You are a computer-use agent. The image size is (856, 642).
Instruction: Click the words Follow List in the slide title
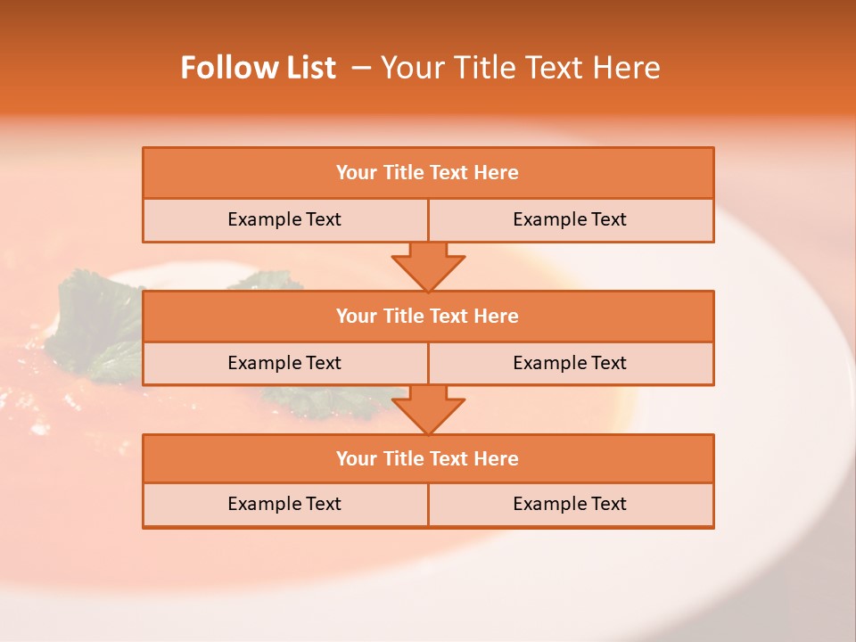point(258,68)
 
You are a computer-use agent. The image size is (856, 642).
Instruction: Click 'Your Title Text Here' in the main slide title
point(520,68)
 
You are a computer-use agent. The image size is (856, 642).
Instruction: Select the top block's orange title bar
point(428,173)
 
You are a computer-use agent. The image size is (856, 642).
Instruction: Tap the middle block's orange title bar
point(428,316)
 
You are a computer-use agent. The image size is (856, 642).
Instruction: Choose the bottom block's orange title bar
point(428,458)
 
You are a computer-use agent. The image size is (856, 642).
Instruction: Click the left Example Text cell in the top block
point(284,219)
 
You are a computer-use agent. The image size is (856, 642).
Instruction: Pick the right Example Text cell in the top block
point(570,219)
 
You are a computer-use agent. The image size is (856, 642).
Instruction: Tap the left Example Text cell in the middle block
point(284,363)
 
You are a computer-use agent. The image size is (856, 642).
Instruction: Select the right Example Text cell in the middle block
point(570,363)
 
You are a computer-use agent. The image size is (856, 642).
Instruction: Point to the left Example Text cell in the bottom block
point(284,504)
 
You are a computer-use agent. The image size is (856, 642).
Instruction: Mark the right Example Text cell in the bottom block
point(570,504)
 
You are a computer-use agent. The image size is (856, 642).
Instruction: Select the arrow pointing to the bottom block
point(428,409)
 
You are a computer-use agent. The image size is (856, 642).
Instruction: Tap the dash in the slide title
point(361,68)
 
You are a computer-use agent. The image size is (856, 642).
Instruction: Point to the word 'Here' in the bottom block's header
point(496,458)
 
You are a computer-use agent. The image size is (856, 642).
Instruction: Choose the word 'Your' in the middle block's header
point(356,316)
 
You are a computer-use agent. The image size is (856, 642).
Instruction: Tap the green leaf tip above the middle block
point(267,281)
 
